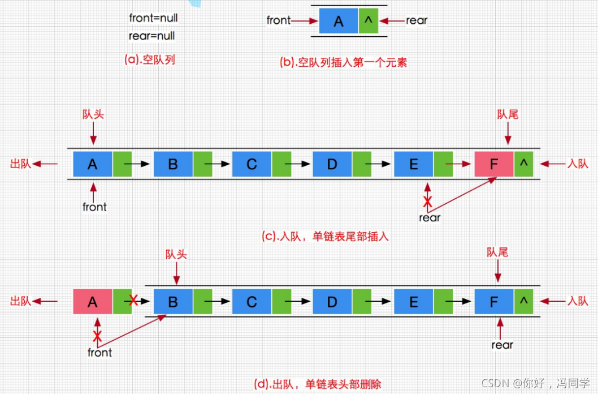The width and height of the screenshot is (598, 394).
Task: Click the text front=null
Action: [153, 18]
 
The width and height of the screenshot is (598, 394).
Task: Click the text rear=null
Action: [152, 36]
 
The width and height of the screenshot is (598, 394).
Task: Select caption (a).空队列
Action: [150, 59]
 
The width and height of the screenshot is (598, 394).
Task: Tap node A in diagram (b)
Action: [339, 22]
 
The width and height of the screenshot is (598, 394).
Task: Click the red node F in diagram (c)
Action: [495, 164]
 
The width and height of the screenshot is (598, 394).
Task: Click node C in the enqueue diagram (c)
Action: [252, 164]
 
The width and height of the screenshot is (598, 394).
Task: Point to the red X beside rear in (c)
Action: [428, 202]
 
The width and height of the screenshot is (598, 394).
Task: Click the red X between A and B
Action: [133, 301]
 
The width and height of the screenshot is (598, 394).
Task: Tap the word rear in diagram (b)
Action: [417, 21]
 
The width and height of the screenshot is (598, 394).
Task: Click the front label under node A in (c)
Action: [94, 207]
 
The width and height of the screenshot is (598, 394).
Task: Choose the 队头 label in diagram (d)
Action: [176, 255]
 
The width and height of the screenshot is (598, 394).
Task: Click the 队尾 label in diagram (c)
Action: [508, 115]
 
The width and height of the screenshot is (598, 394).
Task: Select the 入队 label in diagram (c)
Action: [578, 164]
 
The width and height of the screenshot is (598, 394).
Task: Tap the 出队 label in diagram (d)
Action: [20, 302]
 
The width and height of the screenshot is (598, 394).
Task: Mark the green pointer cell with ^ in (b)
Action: [368, 22]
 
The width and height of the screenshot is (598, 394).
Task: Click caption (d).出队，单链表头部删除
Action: [318, 384]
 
